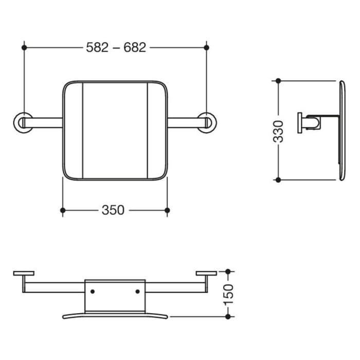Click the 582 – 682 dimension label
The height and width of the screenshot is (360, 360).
point(116,47)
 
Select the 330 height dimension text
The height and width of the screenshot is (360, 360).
point(278,131)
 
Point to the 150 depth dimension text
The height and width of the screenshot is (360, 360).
point(229,294)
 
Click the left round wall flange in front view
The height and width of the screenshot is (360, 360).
point(22,122)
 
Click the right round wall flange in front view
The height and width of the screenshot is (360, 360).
point(207,122)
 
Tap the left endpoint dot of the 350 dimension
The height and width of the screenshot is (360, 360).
point(63,210)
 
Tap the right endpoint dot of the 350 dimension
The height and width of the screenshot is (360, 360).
point(167,210)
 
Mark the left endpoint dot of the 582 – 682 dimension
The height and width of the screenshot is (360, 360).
point(24,47)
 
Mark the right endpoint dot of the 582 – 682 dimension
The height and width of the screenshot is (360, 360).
point(207,47)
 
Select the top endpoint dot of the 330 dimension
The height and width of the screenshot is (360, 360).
point(278,81)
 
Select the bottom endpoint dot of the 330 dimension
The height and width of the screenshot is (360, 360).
point(278,180)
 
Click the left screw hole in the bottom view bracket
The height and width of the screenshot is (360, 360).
point(93,292)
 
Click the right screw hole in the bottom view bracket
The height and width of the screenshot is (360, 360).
point(137,292)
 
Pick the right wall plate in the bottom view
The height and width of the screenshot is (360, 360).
point(206,273)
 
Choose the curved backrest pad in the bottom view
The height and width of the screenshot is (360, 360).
point(115,315)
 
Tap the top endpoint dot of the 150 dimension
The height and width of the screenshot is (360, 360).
point(229,271)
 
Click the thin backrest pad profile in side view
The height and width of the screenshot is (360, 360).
point(341,131)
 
